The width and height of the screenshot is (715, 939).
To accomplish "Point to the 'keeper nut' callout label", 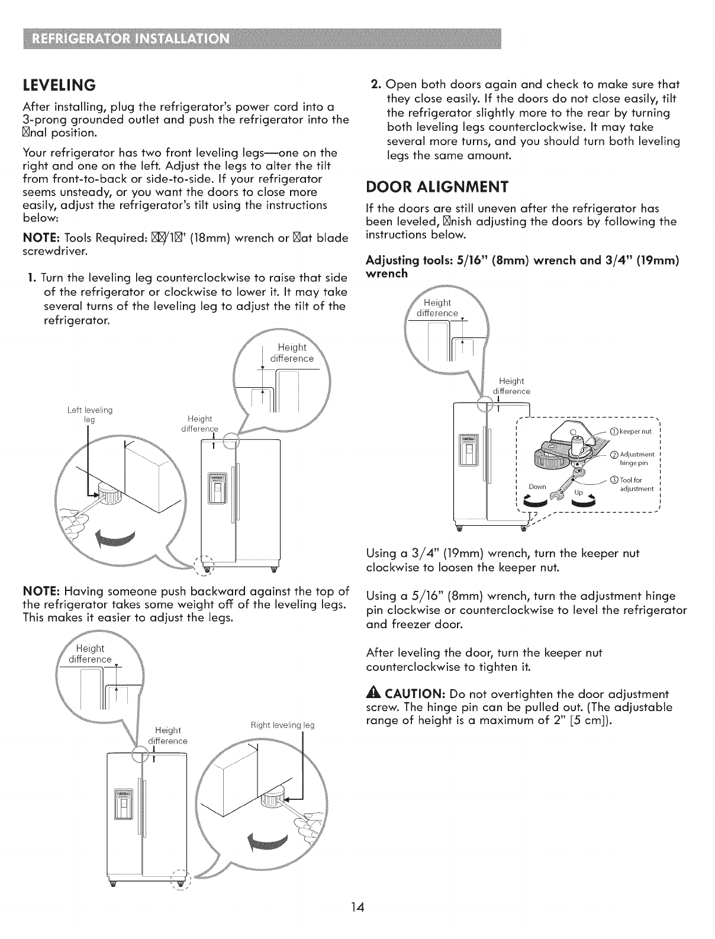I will coord(632,432).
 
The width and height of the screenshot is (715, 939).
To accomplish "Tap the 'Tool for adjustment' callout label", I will coord(635,484).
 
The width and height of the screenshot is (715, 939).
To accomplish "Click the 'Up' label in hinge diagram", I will coord(578,493).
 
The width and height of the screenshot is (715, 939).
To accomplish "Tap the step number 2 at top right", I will coord(375,84).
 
